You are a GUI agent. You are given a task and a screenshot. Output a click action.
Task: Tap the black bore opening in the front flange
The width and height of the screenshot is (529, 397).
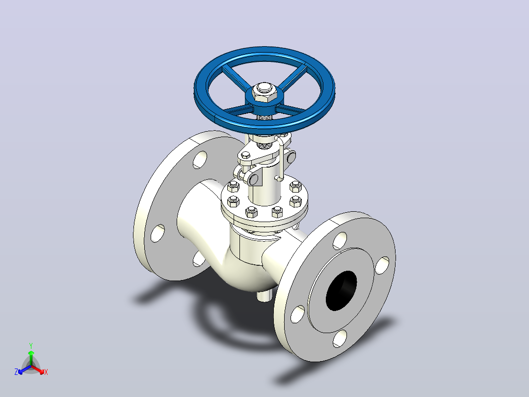341,290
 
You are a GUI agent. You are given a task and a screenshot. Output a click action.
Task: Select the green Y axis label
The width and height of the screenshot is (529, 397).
31,346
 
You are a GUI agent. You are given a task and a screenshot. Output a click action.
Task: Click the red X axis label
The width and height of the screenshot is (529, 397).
46,372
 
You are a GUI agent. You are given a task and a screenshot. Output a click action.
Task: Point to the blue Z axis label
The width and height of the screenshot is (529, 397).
16,371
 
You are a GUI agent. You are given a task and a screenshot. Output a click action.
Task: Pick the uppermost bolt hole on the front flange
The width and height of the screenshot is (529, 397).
340,241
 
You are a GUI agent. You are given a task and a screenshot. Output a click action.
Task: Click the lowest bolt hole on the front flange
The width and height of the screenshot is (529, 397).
340,339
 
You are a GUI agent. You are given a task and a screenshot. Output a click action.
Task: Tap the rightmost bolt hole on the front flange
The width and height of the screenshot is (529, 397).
382,265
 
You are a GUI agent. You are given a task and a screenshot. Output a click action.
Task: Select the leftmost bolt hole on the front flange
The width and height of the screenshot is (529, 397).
297,314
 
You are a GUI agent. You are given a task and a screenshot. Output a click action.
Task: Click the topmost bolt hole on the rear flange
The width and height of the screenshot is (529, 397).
200,160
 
